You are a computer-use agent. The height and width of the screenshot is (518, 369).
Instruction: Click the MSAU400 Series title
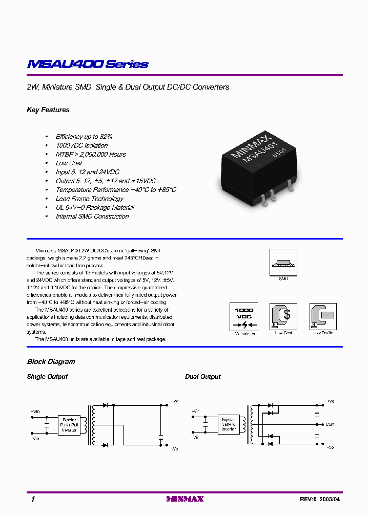tap(88, 64)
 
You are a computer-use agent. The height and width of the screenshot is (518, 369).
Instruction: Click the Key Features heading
tap(48, 110)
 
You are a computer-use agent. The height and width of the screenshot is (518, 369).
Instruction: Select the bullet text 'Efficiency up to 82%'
tap(84, 137)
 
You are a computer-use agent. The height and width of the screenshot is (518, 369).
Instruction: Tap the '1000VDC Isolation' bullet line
tap(81, 145)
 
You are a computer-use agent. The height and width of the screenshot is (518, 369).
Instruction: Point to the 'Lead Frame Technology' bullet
tap(89, 199)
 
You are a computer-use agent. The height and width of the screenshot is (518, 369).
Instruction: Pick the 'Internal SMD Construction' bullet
tap(92, 217)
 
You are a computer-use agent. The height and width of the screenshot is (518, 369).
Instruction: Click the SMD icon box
tap(283, 263)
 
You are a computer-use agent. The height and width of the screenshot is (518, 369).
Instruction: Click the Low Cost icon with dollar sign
tap(283, 316)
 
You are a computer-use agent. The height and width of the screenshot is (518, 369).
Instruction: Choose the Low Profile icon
tap(323, 316)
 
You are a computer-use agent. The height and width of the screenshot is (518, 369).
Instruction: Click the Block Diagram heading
tap(51, 362)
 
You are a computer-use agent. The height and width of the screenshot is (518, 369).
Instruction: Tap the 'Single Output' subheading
tap(47, 377)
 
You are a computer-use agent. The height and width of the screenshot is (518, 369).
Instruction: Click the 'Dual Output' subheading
tap(203, 377)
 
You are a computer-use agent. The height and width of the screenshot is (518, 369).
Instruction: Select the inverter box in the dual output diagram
tap(229, 423)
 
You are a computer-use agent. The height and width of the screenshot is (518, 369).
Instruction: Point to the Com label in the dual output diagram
tap(330, 424)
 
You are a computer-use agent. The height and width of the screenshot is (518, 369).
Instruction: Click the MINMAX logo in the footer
tap(185, 499)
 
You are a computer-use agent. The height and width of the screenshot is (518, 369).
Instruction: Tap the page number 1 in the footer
tap(33, 500)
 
